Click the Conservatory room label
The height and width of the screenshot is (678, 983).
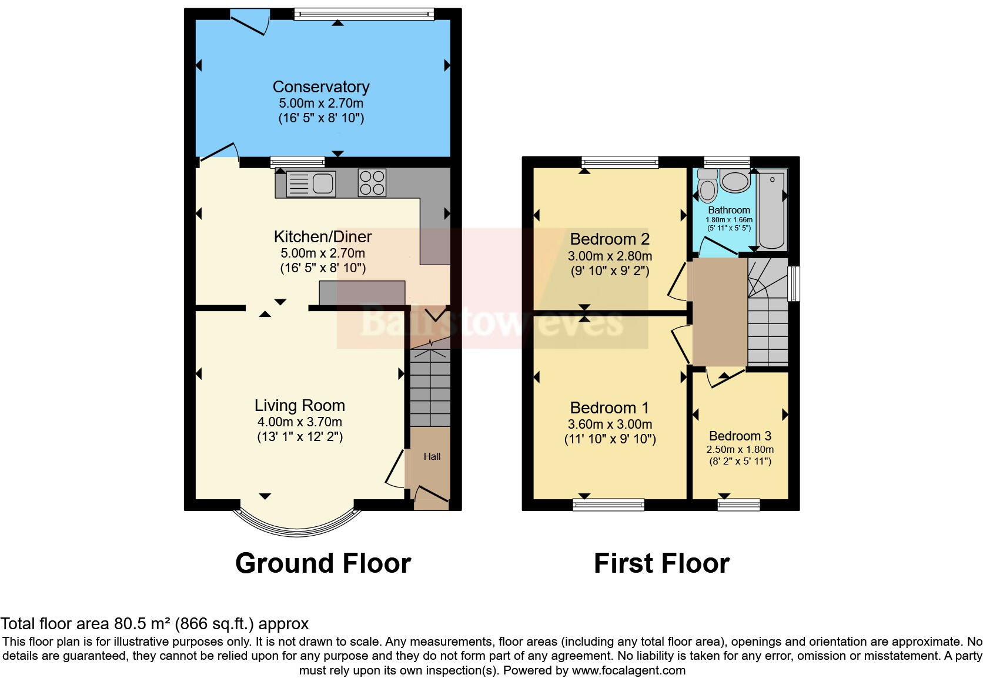click(321, 87)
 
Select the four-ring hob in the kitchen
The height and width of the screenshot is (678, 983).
click(372, 182)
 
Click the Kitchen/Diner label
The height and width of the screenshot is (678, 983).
click(323, 237)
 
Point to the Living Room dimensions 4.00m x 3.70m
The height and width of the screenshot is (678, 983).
click(299, 422)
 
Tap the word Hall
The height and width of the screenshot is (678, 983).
click(432, 456)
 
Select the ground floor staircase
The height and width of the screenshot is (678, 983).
click(430, 388)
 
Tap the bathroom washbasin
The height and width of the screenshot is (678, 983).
click(734, 181)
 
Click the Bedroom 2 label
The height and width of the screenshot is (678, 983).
click(610, 239)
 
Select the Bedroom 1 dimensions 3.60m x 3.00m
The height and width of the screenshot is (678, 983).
click(610, 425)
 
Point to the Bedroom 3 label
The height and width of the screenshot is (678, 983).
click(740, 436)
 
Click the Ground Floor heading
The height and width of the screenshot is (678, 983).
click(323, 563)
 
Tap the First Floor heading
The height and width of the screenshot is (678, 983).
click(661, 563)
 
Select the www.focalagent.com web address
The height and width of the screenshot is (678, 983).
click(628, 670)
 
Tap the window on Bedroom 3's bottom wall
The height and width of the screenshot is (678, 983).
click(738, 504)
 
